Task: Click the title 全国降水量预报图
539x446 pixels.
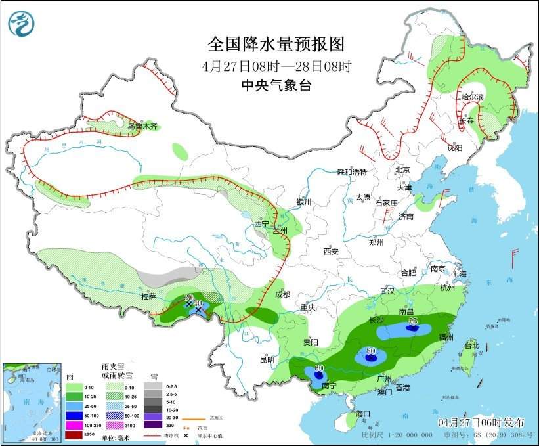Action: coord(276,44)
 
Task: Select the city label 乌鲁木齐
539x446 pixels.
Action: coord(142,126)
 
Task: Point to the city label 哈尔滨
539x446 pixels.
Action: coord(471,97)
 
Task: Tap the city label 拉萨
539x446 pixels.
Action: coord(148,296)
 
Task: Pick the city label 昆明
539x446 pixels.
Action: coord(267,359)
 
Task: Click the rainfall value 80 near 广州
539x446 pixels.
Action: coord(371,351)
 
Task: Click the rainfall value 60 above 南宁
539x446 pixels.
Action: coord(320,368)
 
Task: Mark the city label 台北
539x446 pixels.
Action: coord(471,346)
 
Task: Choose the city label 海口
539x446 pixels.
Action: coord(364,414)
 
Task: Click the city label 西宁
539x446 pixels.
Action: coord(261,224)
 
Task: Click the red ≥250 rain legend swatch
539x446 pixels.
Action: coord(74,435)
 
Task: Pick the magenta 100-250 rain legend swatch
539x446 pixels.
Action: coord(74,426)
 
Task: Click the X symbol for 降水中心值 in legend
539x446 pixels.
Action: coord(187,435)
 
